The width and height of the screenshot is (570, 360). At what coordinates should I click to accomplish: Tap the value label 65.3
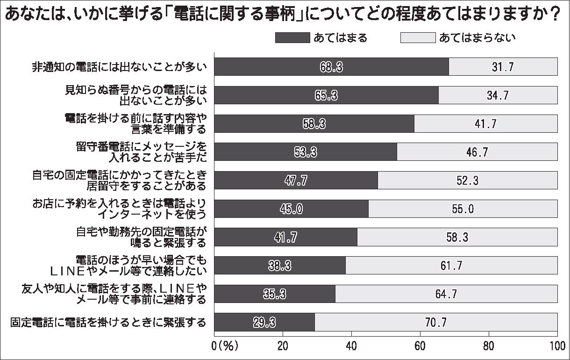tap(326, 95)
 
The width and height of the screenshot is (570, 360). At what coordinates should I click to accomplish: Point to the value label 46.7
tap(477, 152)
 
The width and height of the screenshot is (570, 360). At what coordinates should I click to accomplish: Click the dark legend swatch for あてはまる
tap(292, 37)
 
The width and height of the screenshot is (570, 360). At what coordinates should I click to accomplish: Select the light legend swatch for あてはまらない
tap(418, 37)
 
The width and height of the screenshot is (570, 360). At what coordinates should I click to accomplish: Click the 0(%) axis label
tap(226, 346)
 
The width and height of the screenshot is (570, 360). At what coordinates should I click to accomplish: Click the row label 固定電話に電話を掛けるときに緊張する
tap(108, 322)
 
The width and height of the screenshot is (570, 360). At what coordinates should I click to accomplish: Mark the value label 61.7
tap(451, 266)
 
